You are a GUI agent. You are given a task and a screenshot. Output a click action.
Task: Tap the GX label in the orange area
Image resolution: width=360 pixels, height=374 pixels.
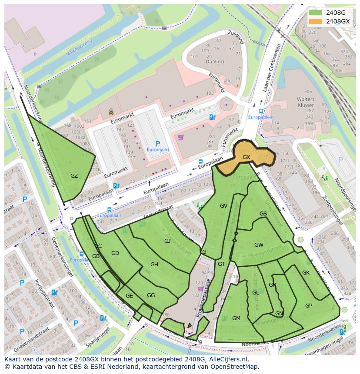[246, 157]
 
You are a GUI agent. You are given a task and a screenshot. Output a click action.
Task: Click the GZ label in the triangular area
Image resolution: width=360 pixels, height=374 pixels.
[74, 175]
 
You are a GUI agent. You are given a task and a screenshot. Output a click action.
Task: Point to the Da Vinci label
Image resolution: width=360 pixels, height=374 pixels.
[214, 62]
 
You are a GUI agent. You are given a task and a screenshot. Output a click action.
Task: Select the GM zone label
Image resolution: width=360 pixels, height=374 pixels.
[236, 318]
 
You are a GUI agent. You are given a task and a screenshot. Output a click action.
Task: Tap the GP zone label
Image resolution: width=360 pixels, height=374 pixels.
[309, 306]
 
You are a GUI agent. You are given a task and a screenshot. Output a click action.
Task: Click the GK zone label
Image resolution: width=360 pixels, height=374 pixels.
[306, 273]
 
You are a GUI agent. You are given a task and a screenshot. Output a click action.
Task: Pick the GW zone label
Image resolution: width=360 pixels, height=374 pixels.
[259, 245]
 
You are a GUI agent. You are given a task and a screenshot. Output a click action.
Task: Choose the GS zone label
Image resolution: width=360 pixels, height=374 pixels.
[263, 214]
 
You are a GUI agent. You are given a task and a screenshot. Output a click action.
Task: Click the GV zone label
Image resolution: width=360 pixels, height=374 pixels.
[223, 206]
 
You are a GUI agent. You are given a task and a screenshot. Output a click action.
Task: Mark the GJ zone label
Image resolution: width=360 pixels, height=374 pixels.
[167, 241]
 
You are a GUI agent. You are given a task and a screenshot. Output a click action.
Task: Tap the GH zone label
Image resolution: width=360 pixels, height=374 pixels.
[154, 265]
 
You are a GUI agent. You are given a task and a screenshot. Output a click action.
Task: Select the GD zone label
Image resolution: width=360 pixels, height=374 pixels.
[115, 253]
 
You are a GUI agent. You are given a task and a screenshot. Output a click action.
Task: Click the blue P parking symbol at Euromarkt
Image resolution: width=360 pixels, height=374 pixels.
[157, 144]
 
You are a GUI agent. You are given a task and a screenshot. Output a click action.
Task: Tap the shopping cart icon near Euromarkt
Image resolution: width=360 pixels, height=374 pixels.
[180, 137]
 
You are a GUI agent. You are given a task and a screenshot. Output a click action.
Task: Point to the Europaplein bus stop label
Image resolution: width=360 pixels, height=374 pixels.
[261, 117]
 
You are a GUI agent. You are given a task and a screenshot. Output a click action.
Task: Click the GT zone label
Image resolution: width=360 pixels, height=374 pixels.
[221, 264]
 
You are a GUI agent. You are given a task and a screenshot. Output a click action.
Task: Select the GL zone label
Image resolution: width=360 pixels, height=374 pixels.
[255, 293]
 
